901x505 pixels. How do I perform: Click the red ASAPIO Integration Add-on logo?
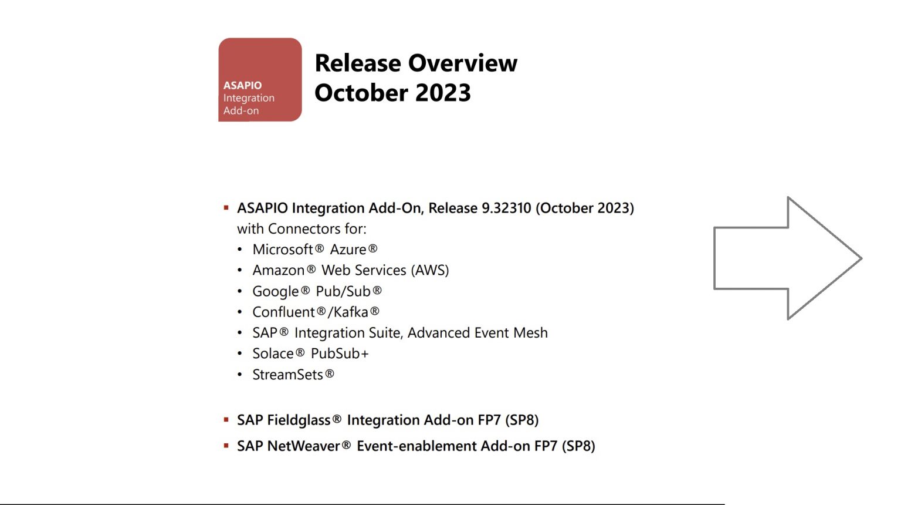coord(260,80)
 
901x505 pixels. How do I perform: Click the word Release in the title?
coord(358,63)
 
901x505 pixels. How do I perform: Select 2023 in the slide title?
coord(443,93)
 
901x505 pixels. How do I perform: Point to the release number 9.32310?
coord(506,208)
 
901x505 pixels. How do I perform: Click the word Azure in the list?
coord(348,250)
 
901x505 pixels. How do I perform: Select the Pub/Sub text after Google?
coord(343,291)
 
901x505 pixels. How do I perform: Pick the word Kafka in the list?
coord(351,312)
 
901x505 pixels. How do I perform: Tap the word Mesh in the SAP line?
coord(530,333)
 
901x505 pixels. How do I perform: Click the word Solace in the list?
coord(273,353)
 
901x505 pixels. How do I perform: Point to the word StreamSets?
coord(287,375)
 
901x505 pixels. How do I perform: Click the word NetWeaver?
coord(303,446)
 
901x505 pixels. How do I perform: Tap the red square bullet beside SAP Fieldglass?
coord(226,420)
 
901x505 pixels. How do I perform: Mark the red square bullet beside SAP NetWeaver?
coord(226,446)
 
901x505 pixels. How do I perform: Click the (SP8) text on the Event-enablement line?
coord(578,446)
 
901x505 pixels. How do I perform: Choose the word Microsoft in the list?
coord(283,250)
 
